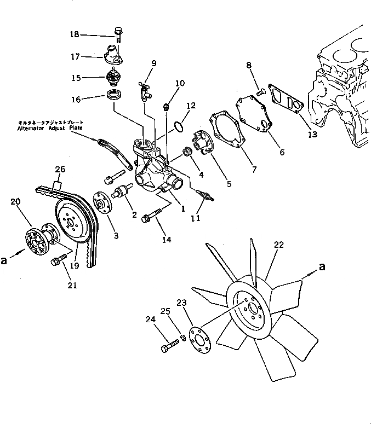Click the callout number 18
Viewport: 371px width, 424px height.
click(75, 35)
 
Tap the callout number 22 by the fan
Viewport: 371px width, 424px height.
click(279, 245)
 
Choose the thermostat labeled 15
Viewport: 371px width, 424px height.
click(114, 80)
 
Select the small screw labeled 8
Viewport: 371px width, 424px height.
click(261, 92)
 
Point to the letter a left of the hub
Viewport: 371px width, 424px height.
click(4, 261)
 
